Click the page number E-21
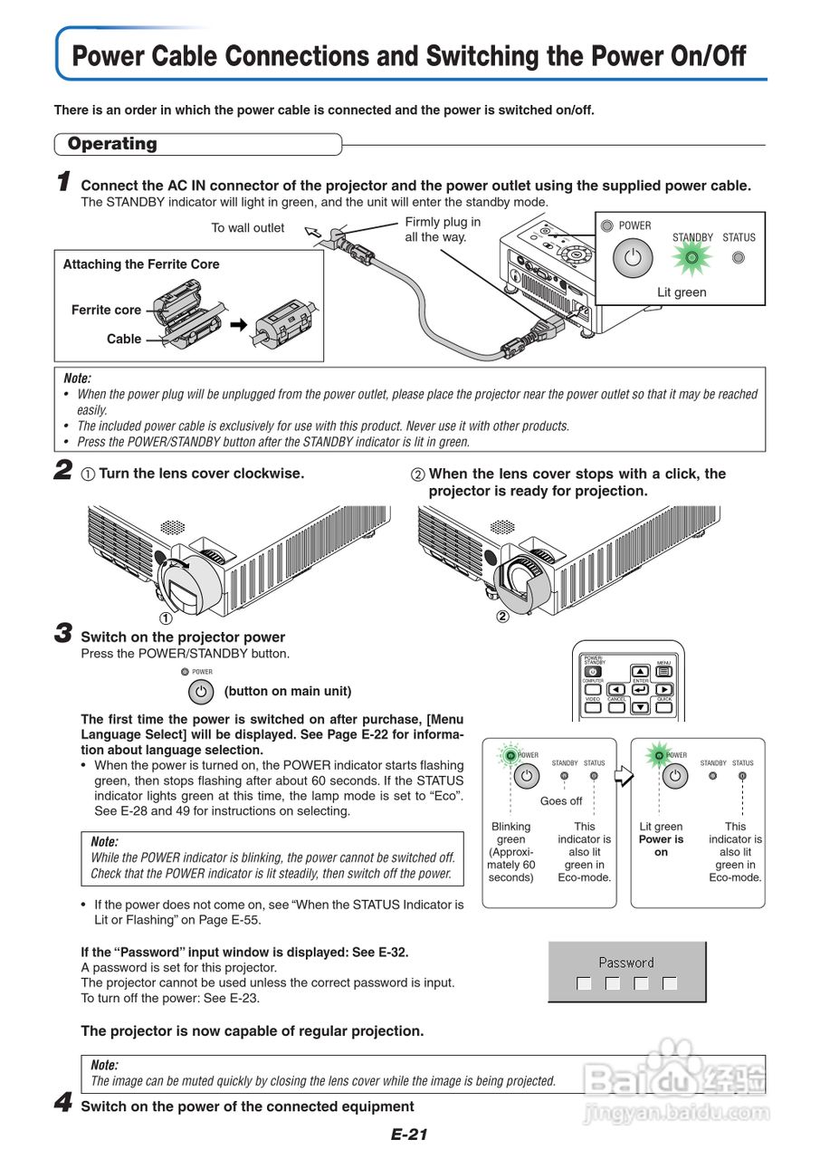coord(409,1135)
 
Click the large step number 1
coord(63,182)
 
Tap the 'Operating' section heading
coord(112,144)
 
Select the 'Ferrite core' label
coord(106,310)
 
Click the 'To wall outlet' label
coord(247,228)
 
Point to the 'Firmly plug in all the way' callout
coord(443,229)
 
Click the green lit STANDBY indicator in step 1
coord(692,258)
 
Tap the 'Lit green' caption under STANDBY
coord(682,292)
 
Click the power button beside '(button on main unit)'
coord(201,692)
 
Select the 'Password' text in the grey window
coord(626,963)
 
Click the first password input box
coord(584,983)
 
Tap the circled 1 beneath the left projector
coord(166,619)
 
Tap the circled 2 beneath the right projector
coord(502,619)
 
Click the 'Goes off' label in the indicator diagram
coord(561,801)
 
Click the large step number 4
coord(63,1104)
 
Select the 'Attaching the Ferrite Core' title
coord(141,264)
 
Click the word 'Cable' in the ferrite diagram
coord(124,340)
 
